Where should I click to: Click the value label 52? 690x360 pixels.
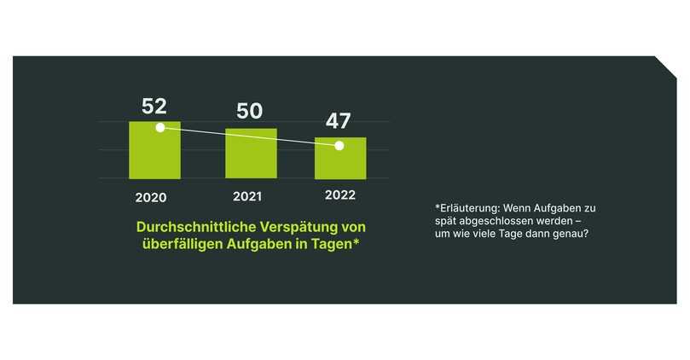[x=154, y=107]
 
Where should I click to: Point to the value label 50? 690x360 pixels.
[x=250, y=111]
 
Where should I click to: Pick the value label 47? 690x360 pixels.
[x=338, y=120]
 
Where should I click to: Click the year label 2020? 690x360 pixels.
[x=150, y=197]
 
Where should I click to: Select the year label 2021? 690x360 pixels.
[x=246, y=197]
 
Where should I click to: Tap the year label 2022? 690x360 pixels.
[x=340, y=195]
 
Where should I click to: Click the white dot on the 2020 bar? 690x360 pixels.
[x=159, y=128]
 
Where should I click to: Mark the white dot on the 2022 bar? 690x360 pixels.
[x=339, y=146]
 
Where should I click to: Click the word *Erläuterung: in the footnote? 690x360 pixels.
[x=467, y=207]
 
